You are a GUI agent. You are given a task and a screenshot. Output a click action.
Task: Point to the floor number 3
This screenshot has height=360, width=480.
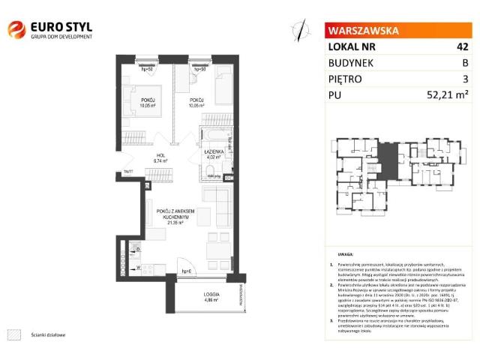tap(465, 79)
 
